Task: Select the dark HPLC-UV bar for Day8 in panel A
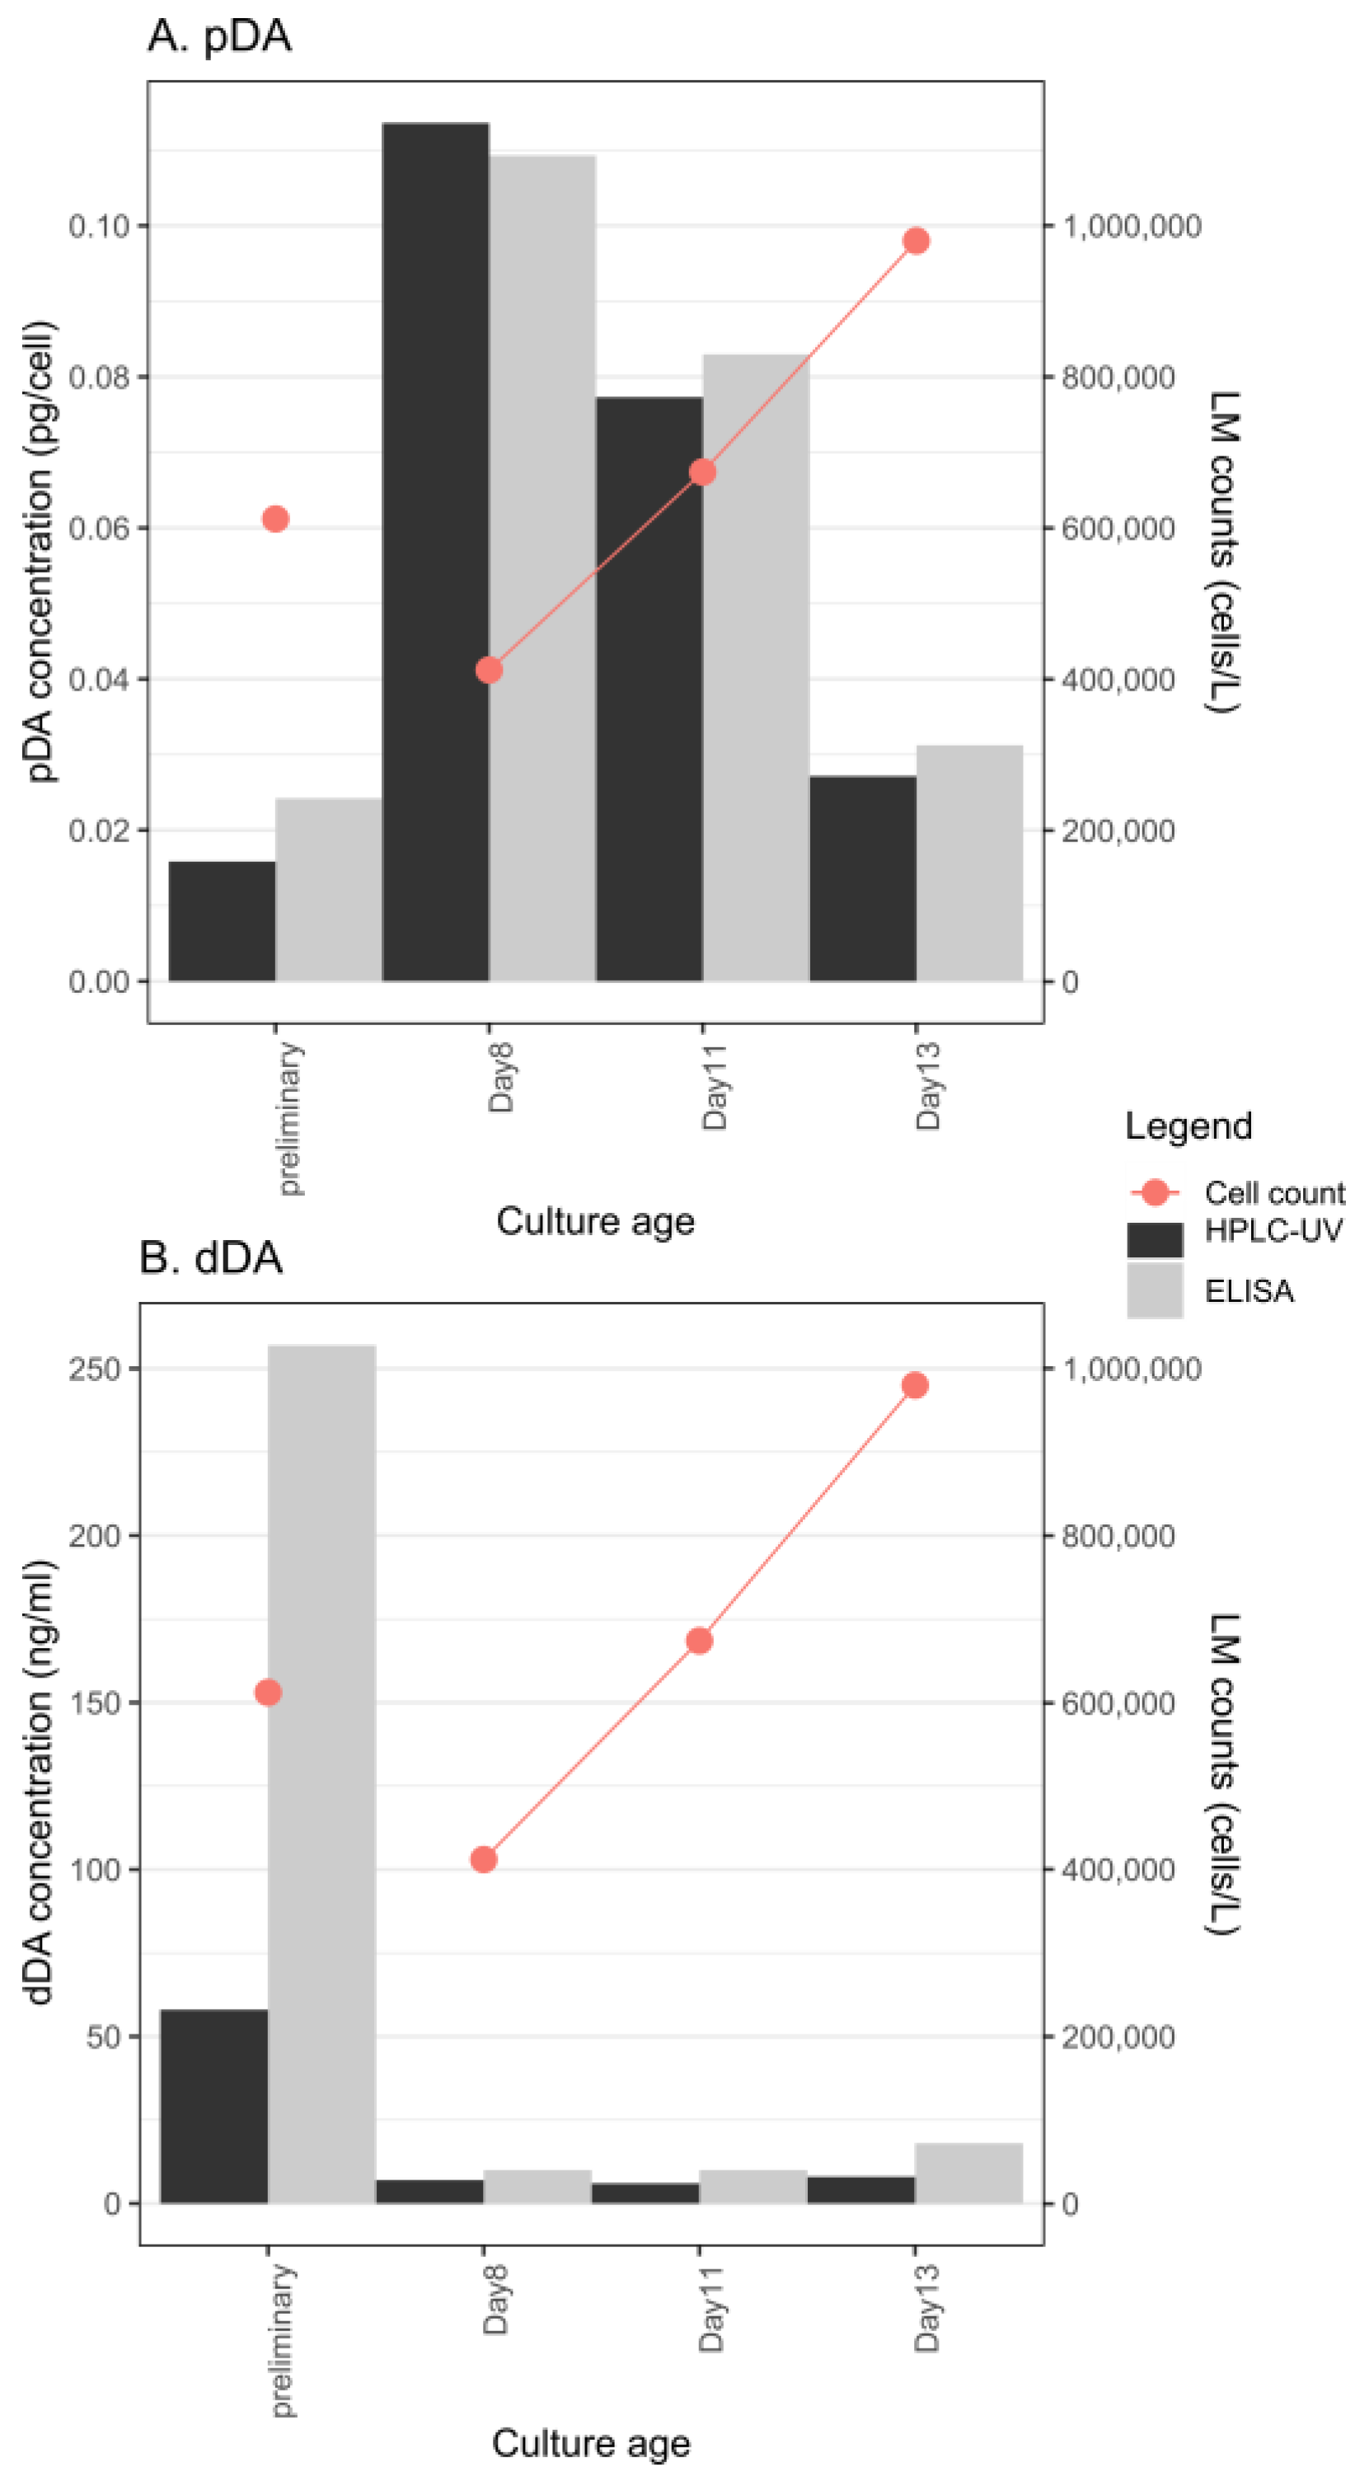pyautogui.click(x=435, y=550)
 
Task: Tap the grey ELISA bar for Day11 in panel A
pyautogui.click(x=756, y=666)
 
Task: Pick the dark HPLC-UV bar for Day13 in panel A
pyautogui.click(x=862, y=878)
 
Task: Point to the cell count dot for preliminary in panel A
pyautogui.click(x=275, y=519)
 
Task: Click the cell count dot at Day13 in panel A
pyautogui.click(x=916, y=241)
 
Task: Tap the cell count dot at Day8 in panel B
pyautogui.click(x=484, y=1860)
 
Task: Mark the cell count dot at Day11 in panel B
pyautogui.click(x=700, y=1641)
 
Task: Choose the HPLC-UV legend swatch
pyautogui.click(x=1154, y=1239)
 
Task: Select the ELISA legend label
pyautogui.click(x=1248, y=1291)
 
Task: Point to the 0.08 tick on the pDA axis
pyautogui.click(x=100, y=377)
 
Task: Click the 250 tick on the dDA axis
pyautogui.click(x=94, y=1369)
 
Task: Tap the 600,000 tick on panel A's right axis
pyautogui.click(x=1118, y=528)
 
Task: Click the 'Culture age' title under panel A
pyautogui.click(x=594, y=1221)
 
